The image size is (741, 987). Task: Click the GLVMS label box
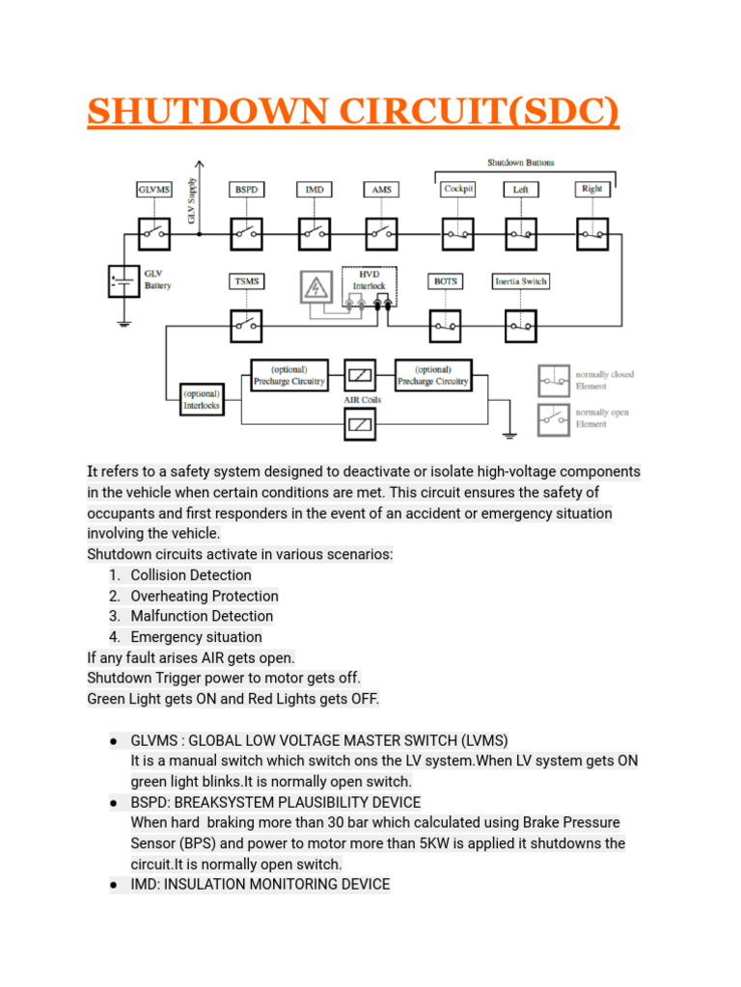[152, 190]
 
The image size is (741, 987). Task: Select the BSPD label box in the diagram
[245, 190]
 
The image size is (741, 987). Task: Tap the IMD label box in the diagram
[315, 190]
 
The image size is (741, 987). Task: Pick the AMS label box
[381, 190]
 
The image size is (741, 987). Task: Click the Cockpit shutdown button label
[457, 190]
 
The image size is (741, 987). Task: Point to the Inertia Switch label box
[521, 281]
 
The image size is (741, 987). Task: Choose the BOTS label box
[446, 281]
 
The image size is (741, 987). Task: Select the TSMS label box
[246, 281]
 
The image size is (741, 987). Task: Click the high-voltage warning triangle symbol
[316, 287]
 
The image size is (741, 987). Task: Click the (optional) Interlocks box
[202, 399]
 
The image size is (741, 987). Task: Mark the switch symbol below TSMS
[246, 326]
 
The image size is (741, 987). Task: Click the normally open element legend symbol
[554, 418]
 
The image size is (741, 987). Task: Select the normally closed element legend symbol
[554, 380]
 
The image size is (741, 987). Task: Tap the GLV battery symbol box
[123, 280]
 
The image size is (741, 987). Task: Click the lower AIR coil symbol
[360, 422]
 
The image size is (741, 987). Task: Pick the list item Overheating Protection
[205, 596]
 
